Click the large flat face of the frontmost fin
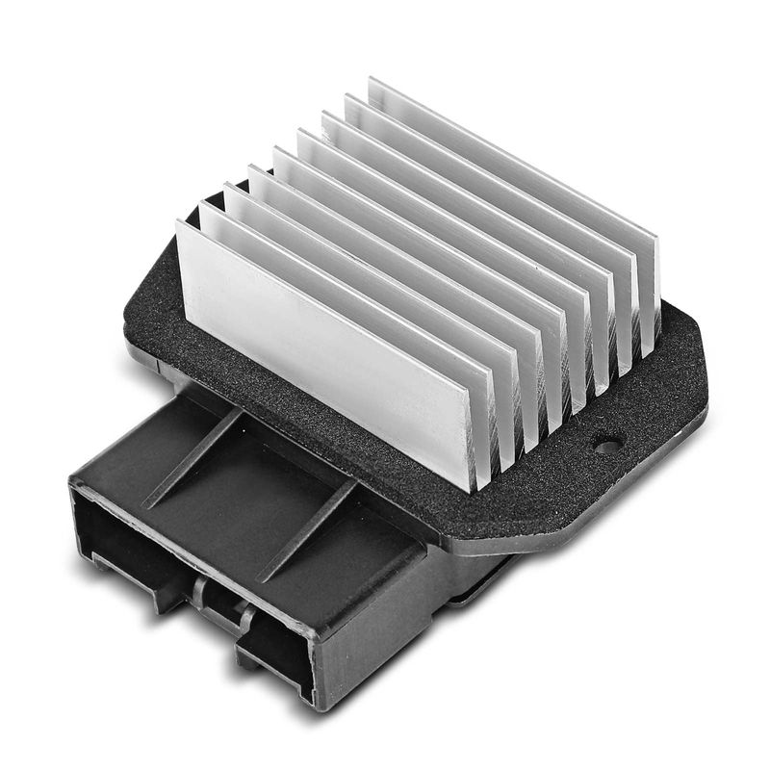(x=327, y=346)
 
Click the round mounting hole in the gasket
(x=606, y=445)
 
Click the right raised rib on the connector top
(x=308, y=529)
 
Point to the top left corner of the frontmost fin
(x=180, y=223)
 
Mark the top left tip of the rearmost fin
(x=371, y=80)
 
